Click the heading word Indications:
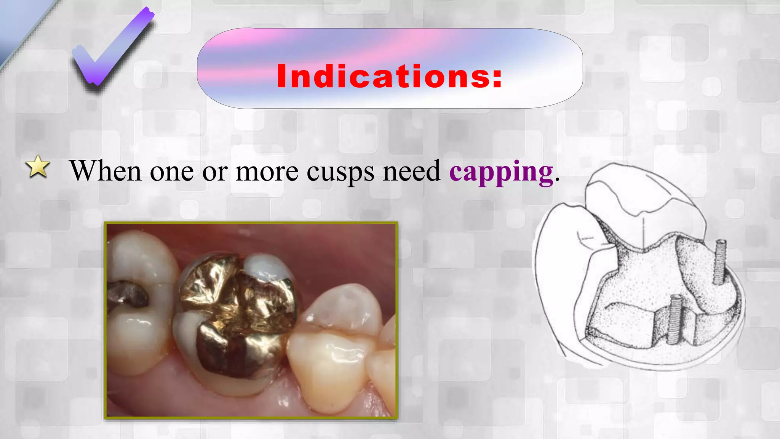[389, 76]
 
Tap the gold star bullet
[38, 167]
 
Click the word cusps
[340, 172]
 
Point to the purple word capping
[501, 172]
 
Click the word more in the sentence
[267, 171]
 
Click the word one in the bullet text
[172, 171]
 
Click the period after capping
[557, 179]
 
